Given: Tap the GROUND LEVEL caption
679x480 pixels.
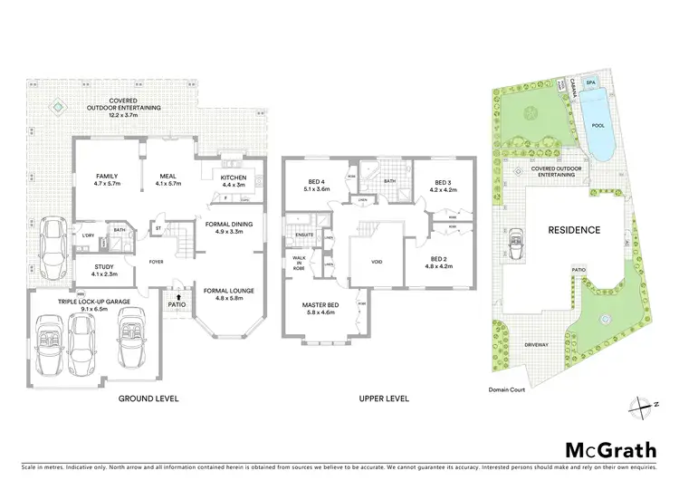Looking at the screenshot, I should click(149, 398).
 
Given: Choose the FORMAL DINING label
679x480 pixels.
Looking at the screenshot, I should click(228, 226).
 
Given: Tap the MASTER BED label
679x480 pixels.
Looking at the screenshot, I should click(320, 308).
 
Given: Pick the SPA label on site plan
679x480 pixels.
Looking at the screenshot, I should click(591, 82).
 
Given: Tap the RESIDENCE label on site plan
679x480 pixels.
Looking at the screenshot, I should click(574, 230).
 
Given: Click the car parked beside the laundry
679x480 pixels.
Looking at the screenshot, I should click(51, 242).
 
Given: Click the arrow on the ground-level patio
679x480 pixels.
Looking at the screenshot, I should click(179, 296).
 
